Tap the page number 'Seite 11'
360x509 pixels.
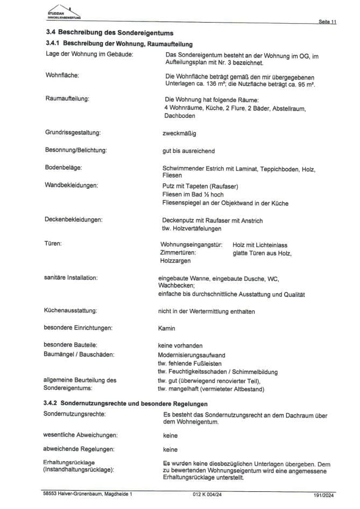point(327,22)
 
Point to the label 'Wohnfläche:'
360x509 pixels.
point(62,75)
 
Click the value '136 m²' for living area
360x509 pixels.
point(218,85)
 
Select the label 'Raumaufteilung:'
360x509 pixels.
point(67,99)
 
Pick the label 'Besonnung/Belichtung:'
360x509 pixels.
point(75,150)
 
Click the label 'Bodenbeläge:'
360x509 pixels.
point(63,168)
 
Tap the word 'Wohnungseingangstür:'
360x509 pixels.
point(192,244)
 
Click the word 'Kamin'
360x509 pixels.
point(167,328)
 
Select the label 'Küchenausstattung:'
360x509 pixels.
point(70,310)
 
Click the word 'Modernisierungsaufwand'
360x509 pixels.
point(191,355)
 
